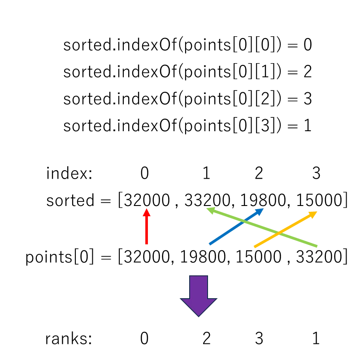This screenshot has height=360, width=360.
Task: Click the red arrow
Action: tap(147, 227)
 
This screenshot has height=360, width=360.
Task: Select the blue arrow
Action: tap(236, 227)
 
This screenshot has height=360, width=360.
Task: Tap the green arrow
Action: tap(262, 227)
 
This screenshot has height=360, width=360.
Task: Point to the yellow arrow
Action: tap(286, 229)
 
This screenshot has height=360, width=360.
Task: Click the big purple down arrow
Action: tap(199, 296)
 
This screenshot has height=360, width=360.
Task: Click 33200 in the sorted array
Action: tap(207, 200)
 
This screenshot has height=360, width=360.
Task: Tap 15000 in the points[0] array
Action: tap(258, 257)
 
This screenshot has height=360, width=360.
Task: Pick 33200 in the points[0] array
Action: tap(319, 257)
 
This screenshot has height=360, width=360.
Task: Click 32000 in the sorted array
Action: tap(147, 200)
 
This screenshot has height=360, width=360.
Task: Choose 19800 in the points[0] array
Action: tap(203, 257)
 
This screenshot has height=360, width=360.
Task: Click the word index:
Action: tap(69, 173)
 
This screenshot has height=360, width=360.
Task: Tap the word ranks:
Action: tap(69, 339)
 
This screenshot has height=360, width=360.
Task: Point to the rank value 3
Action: tap(259, 339)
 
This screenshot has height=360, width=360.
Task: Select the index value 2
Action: tap(259, 173)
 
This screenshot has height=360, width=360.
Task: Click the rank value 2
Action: tap(206, 339)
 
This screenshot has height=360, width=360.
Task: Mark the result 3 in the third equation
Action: tap(308, 99)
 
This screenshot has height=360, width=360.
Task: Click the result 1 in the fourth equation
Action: tap(308, 125)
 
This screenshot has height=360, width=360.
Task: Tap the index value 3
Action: tap(317, 173)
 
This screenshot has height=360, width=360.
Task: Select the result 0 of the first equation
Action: tap(308, 44)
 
